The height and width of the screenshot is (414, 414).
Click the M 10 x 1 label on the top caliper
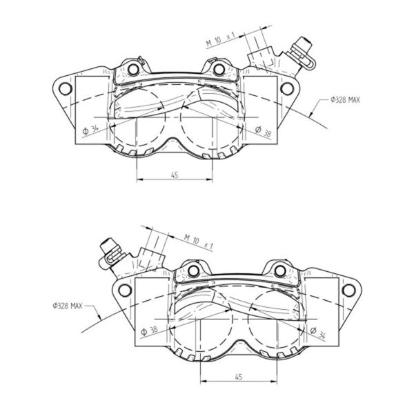(x=221, y=39)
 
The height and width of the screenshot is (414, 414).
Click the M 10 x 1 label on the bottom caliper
(x=198, y=242)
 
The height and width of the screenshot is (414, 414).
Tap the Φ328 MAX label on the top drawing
(x=345, y=100)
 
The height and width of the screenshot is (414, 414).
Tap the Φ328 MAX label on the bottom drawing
(x=68, y=306)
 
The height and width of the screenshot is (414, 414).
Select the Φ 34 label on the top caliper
(x=90, y=130)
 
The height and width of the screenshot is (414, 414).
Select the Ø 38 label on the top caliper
(x=264, y=131)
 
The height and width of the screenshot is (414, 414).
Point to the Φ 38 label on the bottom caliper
(x=149, y=331)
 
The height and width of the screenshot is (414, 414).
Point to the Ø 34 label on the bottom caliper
(x=318, y=333)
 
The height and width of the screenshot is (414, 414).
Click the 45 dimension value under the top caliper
(x=175, y=175)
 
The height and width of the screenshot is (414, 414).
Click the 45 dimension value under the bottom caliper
(x=239, y=377)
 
